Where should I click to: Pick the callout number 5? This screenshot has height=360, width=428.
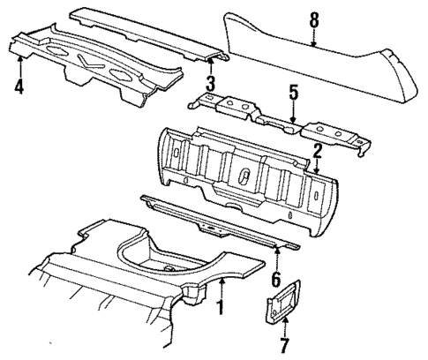(293, 92)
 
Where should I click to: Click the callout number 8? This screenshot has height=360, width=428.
(313, 17)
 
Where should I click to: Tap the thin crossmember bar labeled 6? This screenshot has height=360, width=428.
(221, 221)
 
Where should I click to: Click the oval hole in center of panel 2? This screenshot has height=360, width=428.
(240, 173)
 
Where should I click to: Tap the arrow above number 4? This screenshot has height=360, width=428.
(19, 64)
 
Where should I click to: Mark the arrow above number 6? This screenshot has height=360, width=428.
(277, 259)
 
